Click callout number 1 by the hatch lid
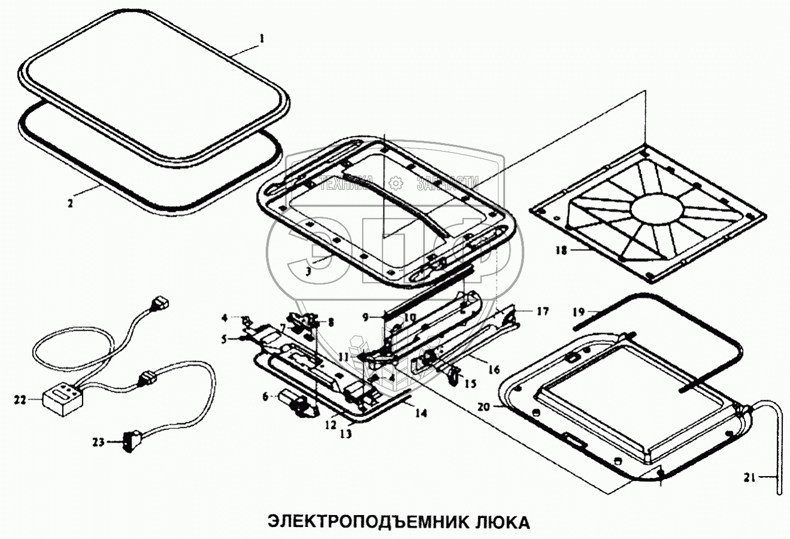click(x=261, y=38)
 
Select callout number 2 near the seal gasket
click(x=70, y=203)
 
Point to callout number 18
click(x=560, y=251)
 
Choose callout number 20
click(x=484, y=407)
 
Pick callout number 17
click(x=542, y=311)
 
